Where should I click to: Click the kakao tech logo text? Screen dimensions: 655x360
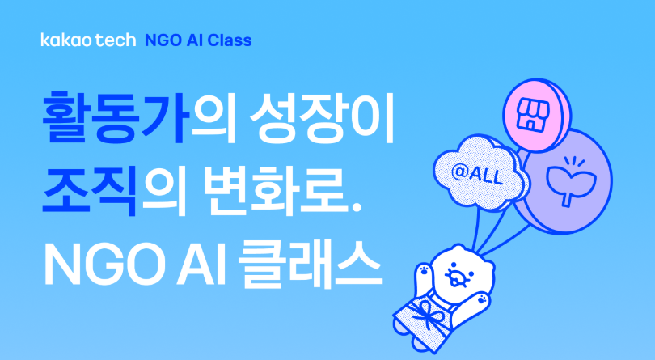[x=89, y=40]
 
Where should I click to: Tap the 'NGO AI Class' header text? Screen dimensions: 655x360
[x=198, y=40]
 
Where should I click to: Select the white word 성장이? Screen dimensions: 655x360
[x=322, y=117]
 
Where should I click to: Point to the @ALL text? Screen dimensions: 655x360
[x=476, y=174]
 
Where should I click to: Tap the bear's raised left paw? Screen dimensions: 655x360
[x=424, y=276]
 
